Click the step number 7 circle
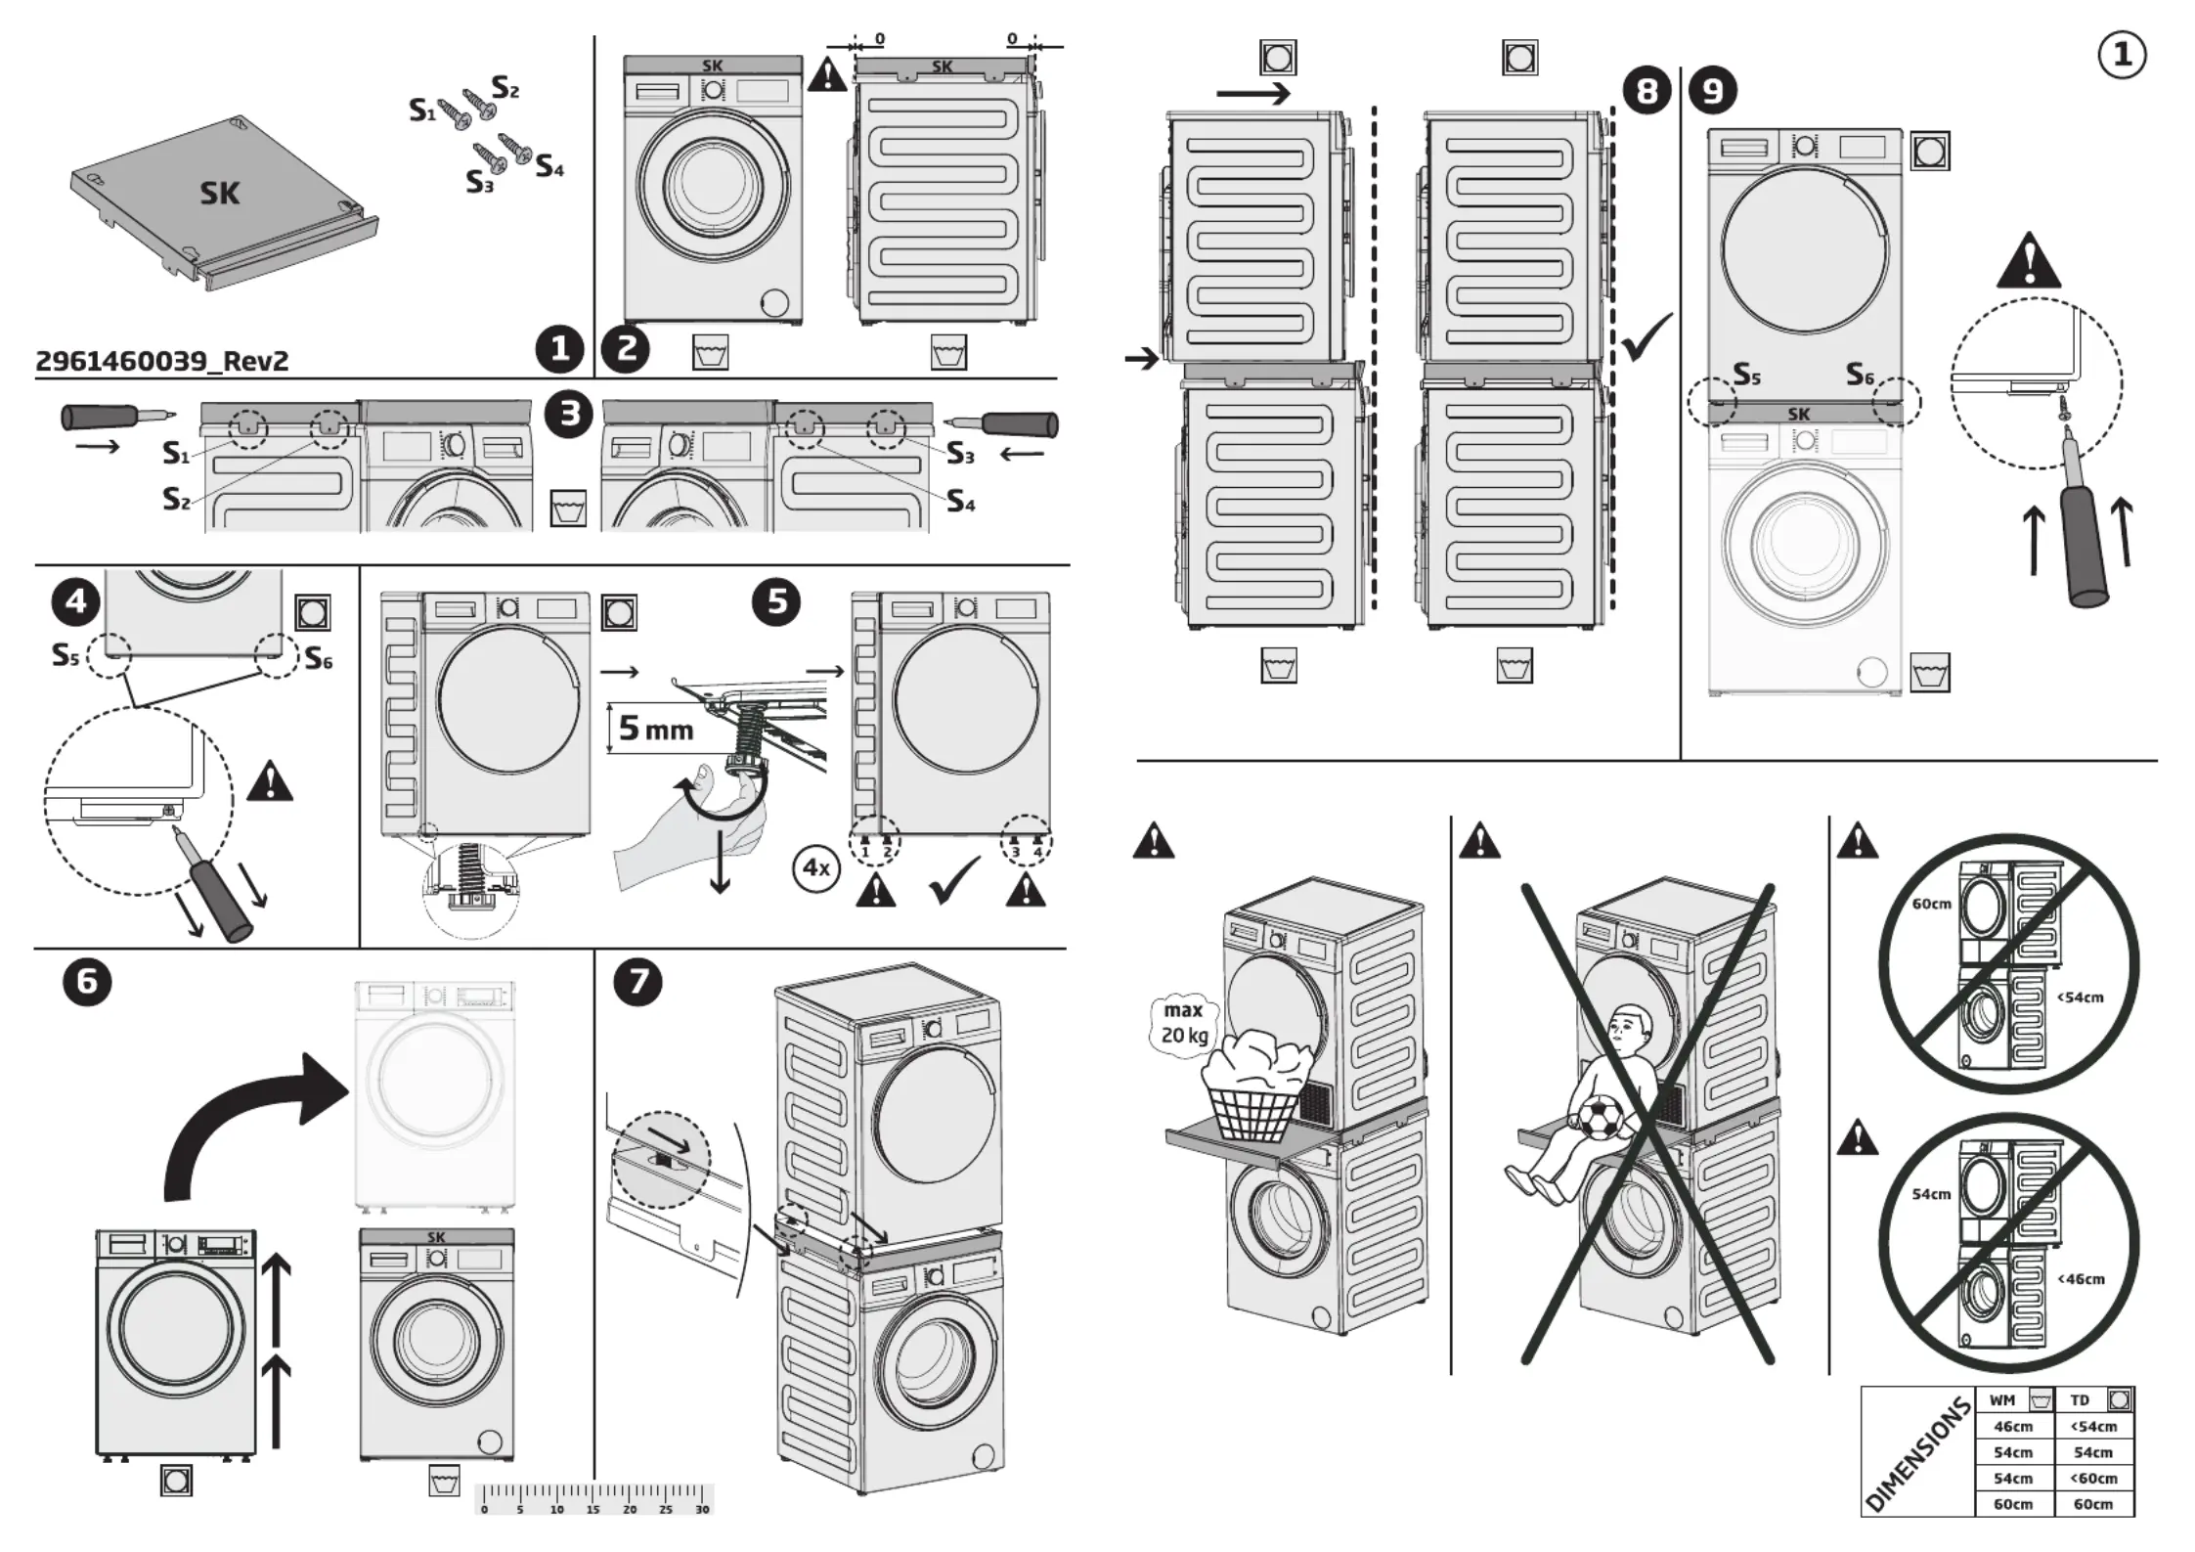tap(637, 981)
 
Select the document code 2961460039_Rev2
tap(162, 361)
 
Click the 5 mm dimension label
tap(655, 729)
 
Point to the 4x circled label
tap(815, 867)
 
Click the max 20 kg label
tap(1184, 1023)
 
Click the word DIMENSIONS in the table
tap(1917, 1455)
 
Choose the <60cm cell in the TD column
tap(2092, 1479)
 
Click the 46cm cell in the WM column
tap(2013, 1427)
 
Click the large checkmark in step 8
tap(1646, 336)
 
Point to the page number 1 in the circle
tap(2122, 55)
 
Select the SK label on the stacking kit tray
tap(219, 194)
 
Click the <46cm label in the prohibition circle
tap(2081, 1278)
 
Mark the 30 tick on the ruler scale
tap(702, 1509)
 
